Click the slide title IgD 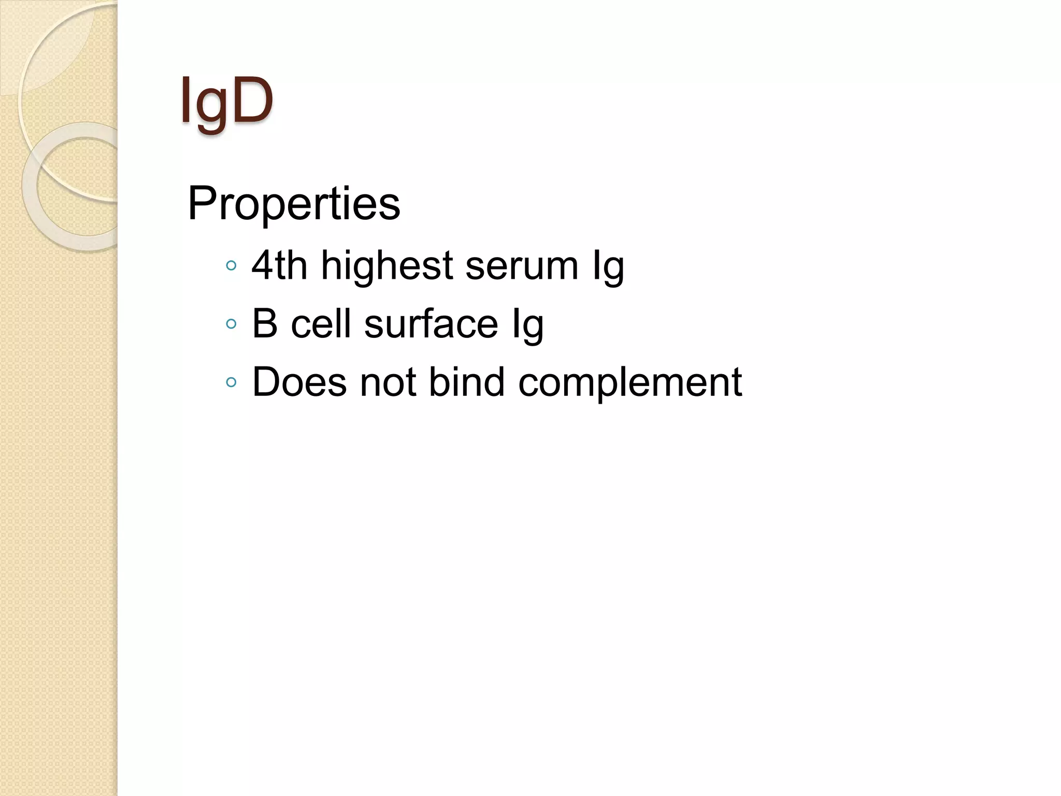(226, 101)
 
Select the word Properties (294, 203)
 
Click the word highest (387, 265)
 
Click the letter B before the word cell (265, 324)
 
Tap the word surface (431, 324)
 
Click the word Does (299, 382)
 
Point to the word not (388, 382)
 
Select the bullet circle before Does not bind (232, 383)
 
